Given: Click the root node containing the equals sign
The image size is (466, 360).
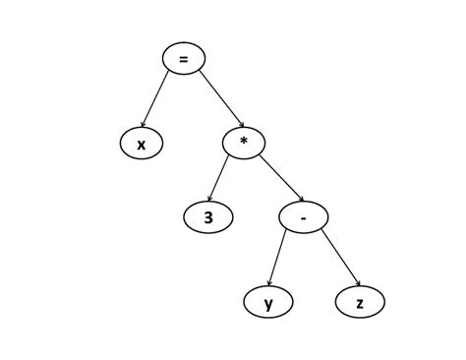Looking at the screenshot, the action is [184, 58].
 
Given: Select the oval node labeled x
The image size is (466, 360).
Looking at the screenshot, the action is [142, 145].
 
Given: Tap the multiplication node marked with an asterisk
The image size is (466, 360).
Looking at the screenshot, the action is [244, 144].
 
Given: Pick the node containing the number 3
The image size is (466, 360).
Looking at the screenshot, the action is [208, 217].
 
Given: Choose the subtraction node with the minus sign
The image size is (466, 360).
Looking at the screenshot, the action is [303, 217].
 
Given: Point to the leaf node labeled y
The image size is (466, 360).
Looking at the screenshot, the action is [268, 303].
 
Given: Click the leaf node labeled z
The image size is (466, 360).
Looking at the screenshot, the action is [360, 303].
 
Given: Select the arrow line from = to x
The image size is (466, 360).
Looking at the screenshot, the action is [160, 101].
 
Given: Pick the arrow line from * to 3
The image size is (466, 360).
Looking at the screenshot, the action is [220, 180].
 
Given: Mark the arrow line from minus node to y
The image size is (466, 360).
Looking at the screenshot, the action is [278, 259].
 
